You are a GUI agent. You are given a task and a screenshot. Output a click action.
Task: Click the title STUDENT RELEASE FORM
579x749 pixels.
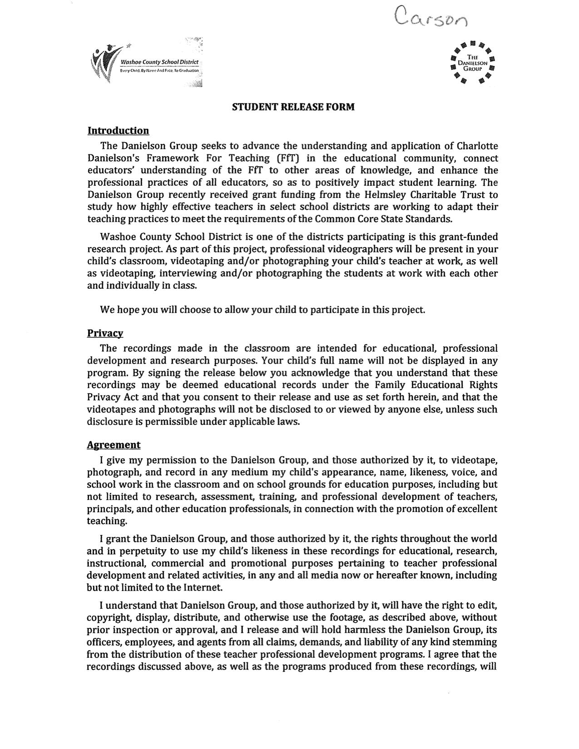point(293,107)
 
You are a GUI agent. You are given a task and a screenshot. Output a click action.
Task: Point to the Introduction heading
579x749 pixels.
point(118,131)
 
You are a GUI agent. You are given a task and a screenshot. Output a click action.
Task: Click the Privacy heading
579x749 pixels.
point(105,333)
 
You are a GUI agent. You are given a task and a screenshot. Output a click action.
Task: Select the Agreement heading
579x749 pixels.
point(114,445)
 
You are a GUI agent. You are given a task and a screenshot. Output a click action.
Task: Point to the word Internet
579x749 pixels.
point(203,587)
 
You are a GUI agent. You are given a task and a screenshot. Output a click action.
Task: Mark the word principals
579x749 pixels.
point(109,509)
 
